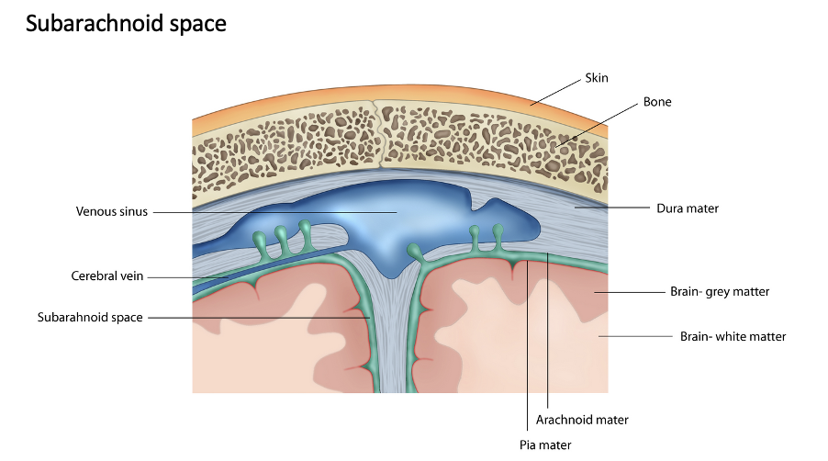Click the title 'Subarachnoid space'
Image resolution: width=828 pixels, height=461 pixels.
[x=126, y=25]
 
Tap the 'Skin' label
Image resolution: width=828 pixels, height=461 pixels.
[x=597, y=78]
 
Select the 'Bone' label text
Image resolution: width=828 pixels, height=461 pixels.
[x=656, y=102]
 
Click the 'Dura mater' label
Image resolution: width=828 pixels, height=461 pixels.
[x=688, y=208]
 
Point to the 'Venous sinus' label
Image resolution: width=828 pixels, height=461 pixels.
[x=111, y=211]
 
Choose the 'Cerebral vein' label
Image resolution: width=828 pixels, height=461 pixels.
[x=107, y=275]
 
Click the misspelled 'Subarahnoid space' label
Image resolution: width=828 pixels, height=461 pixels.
[x=90, y=318]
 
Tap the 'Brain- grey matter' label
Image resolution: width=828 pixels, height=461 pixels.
[x=720, y=292]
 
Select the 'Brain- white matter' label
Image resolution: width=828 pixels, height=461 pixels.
[x=733, y=336]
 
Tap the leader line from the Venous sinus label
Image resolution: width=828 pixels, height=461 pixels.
[x=275, y=211]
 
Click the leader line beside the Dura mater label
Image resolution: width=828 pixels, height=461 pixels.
[x=615, y=208]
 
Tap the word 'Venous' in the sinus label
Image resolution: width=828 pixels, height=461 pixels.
[x=95, y=211]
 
